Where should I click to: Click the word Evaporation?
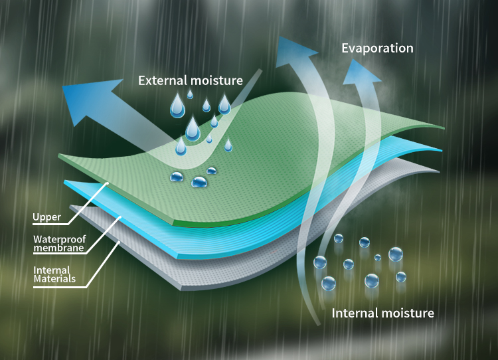377,48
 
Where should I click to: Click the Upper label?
46,217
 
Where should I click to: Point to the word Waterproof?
58,239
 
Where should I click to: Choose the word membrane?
58,248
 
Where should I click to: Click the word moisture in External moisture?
218,81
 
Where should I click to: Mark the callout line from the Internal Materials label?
103,266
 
